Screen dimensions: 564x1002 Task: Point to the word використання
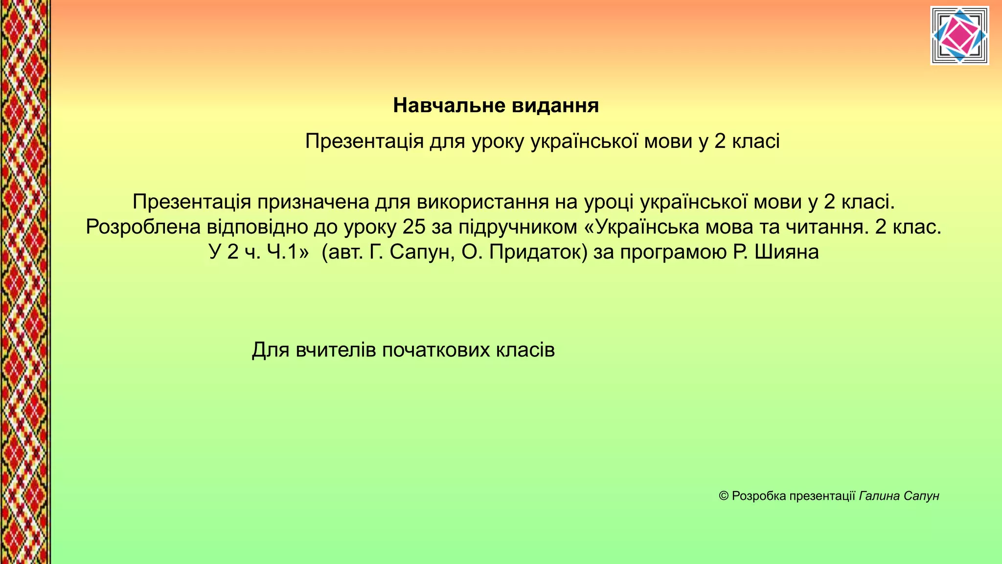[482, 202]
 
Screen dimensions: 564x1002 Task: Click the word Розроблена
[143, 227]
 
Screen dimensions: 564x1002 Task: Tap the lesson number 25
[414, 227]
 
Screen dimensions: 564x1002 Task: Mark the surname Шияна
[786, 253]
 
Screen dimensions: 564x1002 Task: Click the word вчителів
[336, 350]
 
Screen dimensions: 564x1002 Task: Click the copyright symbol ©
[724, 496]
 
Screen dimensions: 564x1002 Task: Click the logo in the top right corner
[959, 35]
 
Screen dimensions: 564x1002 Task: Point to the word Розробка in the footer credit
[759, 496]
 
